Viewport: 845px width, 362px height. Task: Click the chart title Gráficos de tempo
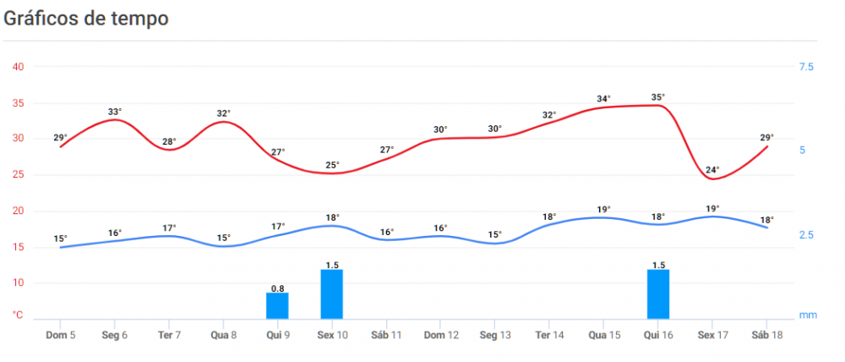[x=86, y=18]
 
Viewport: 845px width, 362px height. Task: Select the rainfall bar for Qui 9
[x=277, y=305]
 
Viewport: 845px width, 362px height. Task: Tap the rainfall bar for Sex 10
[x=331, y=293]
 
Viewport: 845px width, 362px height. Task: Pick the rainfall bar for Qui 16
[x=657, y=293]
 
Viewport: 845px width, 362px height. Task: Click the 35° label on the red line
[x=657, y=97]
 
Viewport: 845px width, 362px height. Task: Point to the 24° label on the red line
[x=712, y=169]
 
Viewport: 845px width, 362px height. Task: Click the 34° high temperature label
[x=603, y=99]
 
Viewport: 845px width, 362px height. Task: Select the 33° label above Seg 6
[x=115, y=112]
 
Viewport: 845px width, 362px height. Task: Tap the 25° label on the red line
[x=332, y=165]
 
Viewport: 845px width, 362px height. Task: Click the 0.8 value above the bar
[x=277, y=288]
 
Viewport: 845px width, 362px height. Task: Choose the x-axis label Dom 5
[x=60, y=335]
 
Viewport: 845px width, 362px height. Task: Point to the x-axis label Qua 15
[x=603, y=335]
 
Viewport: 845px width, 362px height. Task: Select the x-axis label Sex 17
[x=712, y=335]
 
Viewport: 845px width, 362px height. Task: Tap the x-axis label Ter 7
[x=169, y=335]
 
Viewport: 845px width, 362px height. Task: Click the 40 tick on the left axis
[x=18, y=67]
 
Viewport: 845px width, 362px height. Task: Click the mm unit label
[x=808, y=315]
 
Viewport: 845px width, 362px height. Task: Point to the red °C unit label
[x=18, y=315]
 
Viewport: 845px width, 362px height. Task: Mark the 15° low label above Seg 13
[x=494, y=235]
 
